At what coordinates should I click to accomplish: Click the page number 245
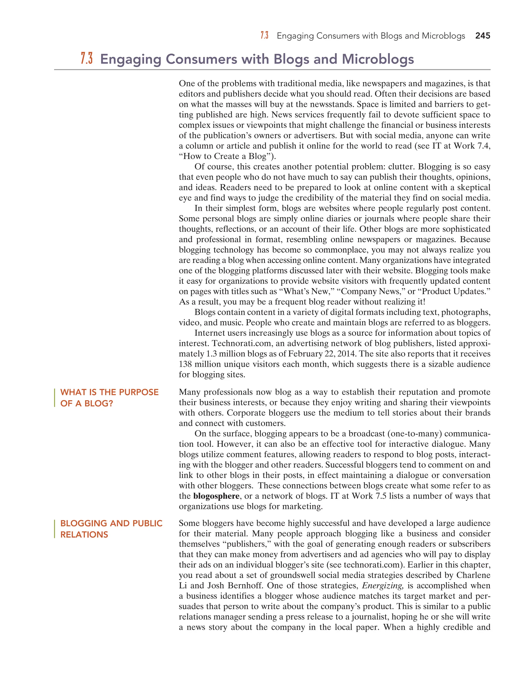tap(482, 36)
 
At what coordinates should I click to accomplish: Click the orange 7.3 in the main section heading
tap(87, 59)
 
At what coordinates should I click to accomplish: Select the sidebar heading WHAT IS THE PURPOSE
tap(109, 392)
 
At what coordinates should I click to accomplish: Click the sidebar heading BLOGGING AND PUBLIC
tap(111, 523)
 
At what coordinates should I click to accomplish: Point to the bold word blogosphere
tap(216, 496)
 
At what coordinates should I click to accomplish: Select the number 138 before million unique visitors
tap(185, 364)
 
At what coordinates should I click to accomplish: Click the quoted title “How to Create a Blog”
tap(226, 156)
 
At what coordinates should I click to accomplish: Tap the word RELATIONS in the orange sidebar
tap(84, 535)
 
